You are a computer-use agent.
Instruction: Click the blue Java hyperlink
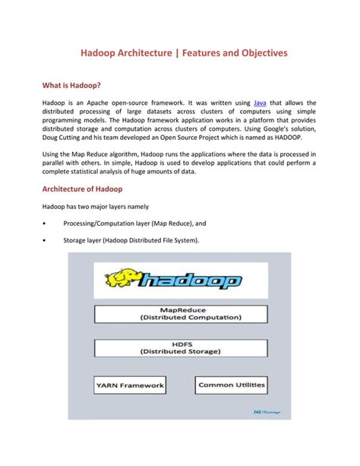tap(238, 101)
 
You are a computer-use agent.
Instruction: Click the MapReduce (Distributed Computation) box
tap(181, 314)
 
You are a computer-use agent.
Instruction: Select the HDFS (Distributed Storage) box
tap(181, 347)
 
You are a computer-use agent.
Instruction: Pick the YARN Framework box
tap(130, 385)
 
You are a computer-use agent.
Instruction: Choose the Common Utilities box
tap(231, 385)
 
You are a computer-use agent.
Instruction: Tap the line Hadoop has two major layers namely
tap(96, 207)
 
